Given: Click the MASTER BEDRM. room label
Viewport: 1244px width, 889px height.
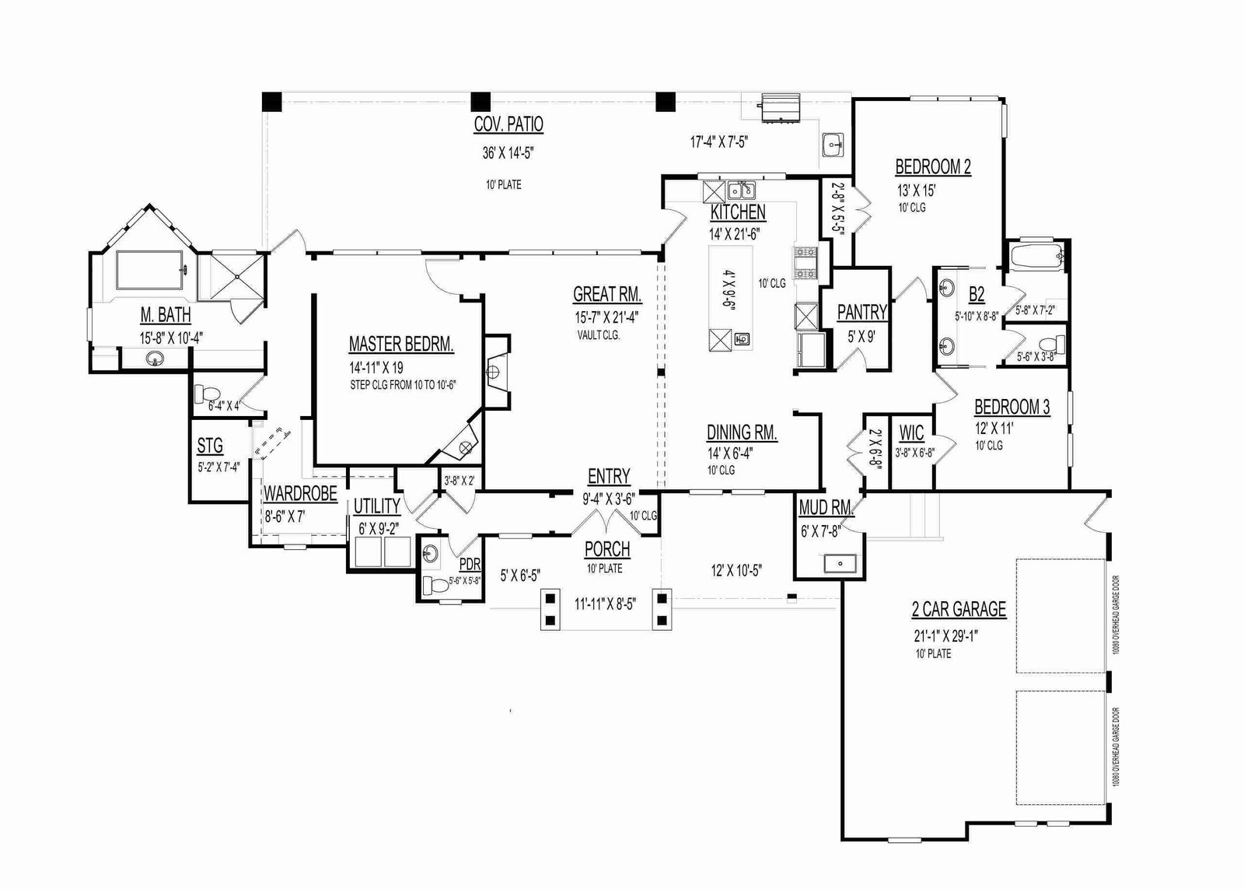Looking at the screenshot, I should click(401, 345).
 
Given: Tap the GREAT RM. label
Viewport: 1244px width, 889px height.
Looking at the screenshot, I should click(606, 294).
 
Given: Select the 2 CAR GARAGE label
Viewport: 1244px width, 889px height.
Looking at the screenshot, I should click(959, 609).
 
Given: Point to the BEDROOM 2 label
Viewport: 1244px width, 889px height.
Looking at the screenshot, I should click(933, 166).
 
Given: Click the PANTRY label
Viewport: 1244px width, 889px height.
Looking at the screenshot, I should click(861, 313).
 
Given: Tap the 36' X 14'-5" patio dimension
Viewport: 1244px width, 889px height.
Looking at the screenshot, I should click(507, 153).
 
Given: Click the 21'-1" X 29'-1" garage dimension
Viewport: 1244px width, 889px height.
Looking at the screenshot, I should click(945, 635).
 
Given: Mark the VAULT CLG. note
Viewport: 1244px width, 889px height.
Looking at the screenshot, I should click(598, 336).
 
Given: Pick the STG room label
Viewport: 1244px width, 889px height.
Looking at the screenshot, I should click(210, 446).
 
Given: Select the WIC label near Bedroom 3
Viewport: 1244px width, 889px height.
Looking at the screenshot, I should click(911, 432).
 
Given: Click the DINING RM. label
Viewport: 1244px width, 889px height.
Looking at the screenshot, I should click(742, 432).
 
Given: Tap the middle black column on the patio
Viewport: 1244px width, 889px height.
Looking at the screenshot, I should click(481, 101).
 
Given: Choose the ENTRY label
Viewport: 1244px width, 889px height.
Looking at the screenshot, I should click(609, 476).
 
